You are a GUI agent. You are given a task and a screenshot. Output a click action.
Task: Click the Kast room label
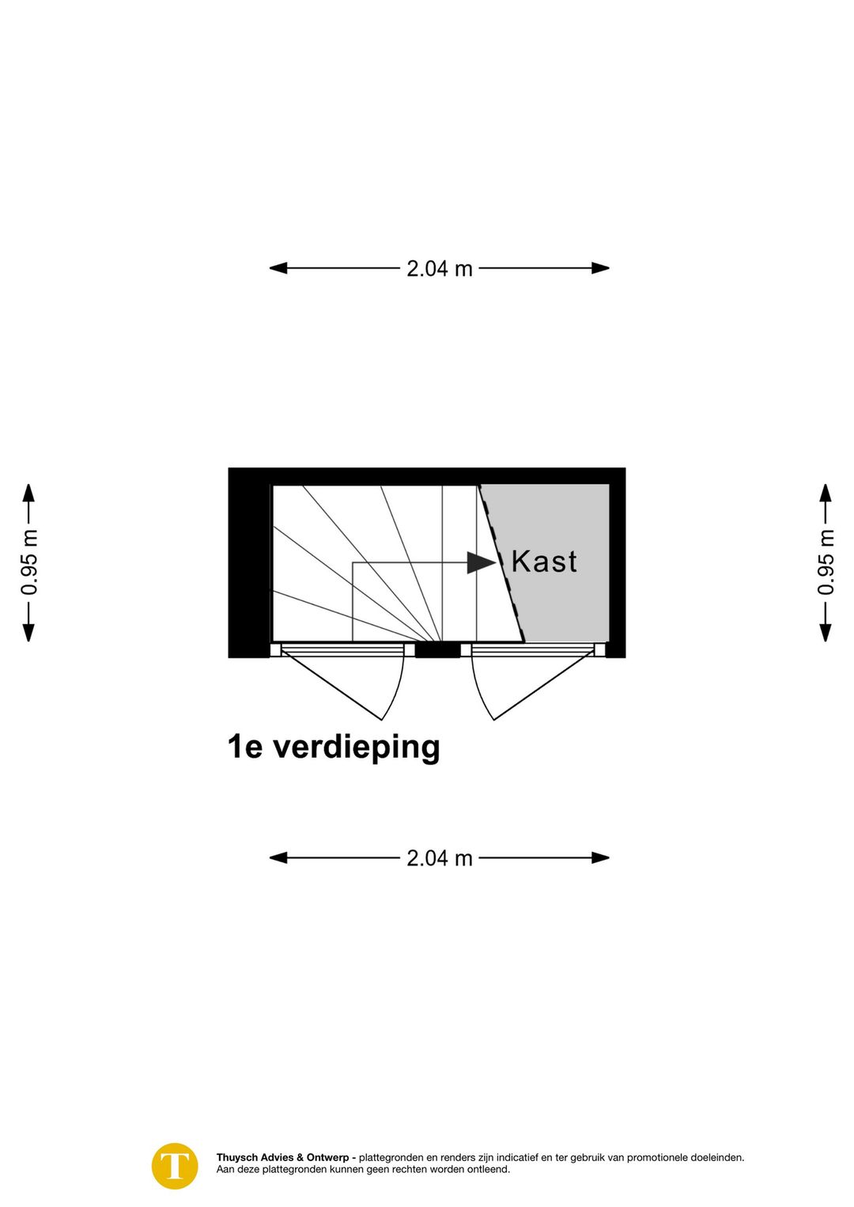point(544,562)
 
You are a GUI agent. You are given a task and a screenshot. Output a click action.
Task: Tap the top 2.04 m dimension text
point(439,269)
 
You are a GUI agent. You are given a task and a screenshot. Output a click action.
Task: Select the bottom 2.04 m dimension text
point(439,858)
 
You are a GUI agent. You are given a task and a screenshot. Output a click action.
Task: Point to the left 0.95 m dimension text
point(29,562)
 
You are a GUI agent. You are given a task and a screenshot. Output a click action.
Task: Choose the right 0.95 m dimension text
point(826,562)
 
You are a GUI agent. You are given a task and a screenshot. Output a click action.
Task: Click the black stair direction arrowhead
point(481,562)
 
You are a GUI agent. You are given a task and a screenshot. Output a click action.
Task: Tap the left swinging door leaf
point(332,686)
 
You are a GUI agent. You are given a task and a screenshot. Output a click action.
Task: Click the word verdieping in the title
point(356,747)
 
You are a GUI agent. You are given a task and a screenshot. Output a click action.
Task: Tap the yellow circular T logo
point(175,1166)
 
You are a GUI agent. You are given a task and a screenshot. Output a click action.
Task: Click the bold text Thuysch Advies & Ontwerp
point(282,1157)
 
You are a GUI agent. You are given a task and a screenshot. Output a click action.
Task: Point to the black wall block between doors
point(437,651)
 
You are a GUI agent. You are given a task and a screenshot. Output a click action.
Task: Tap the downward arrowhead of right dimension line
point(826,632)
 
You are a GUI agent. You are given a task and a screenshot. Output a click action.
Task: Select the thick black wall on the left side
point(248,562)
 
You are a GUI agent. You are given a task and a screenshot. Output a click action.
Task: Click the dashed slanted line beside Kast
point(501,562)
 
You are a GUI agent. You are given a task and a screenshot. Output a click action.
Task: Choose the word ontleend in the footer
point(489,1169)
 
